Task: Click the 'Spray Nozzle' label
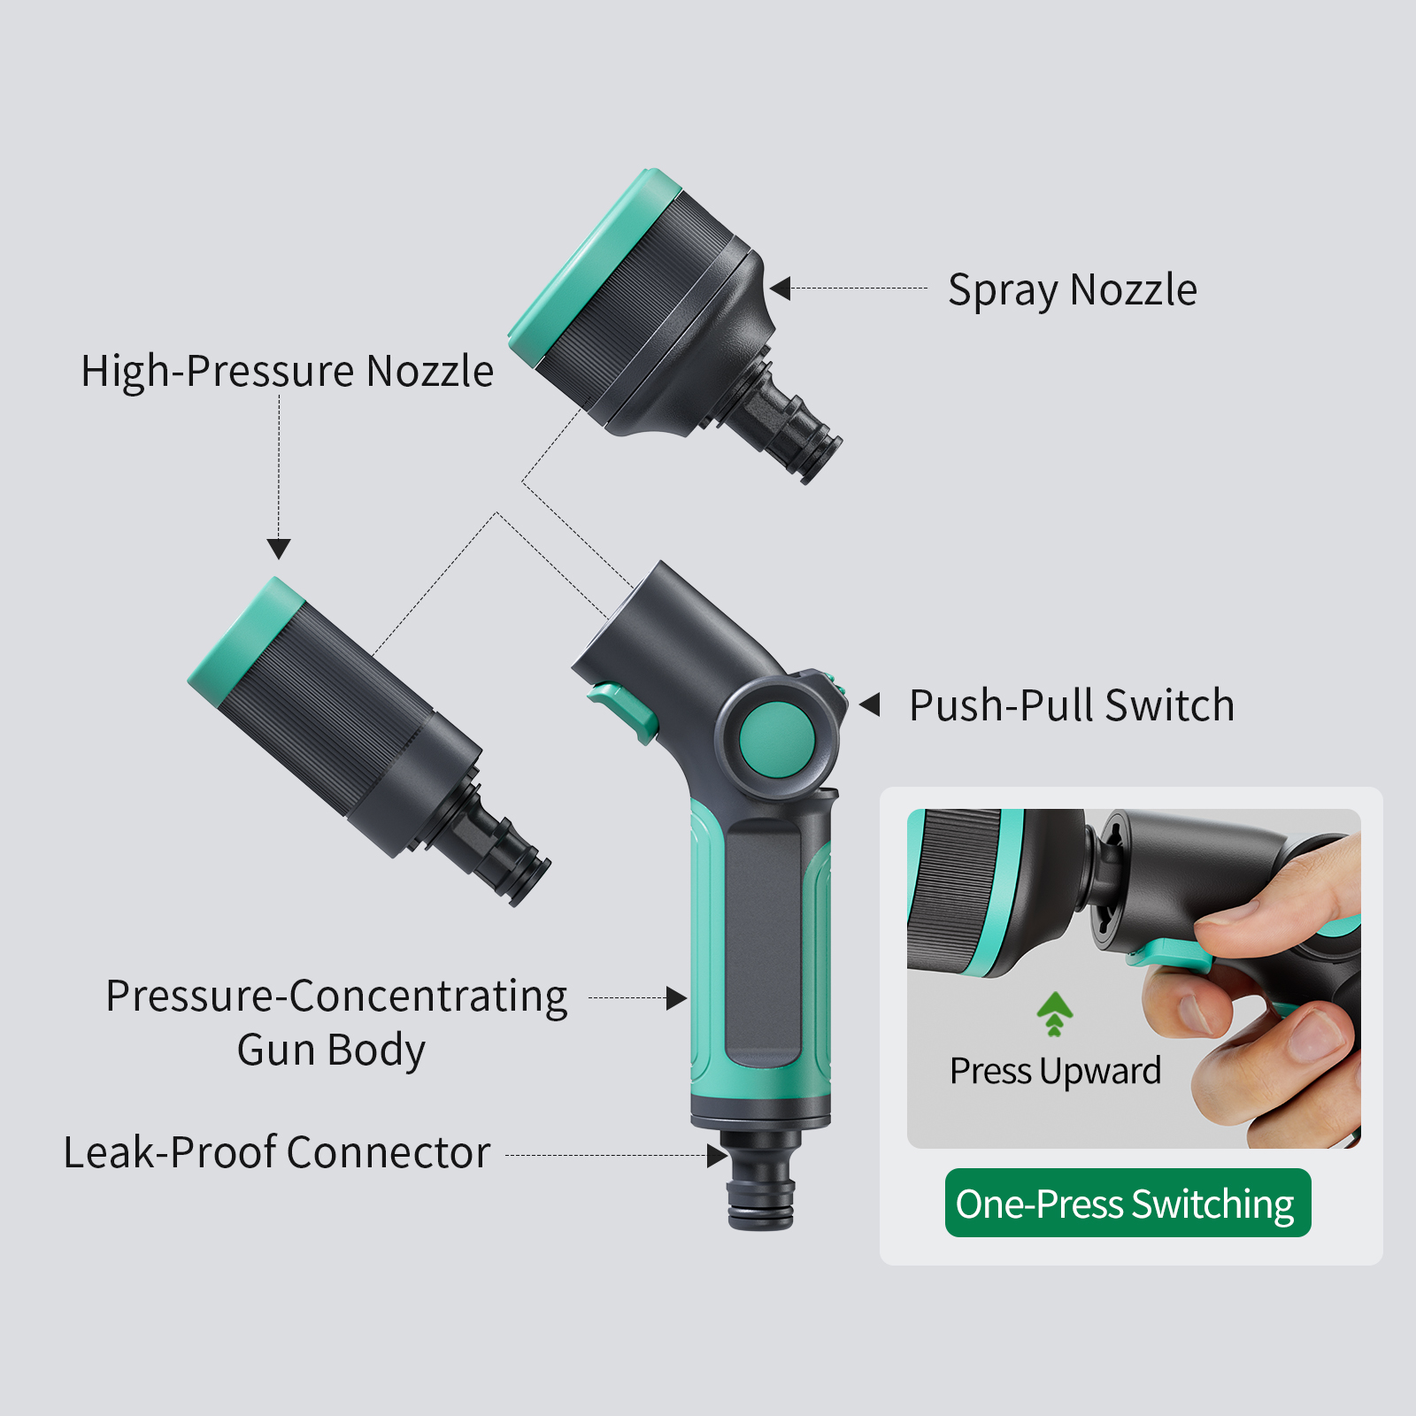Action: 1073,290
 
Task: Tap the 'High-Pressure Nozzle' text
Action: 287,371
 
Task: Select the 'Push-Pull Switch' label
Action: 1072,705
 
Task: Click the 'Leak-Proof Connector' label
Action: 277,1152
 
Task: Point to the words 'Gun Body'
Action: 331,1050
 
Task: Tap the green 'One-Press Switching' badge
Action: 1127,1203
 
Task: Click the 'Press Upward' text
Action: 1055,1072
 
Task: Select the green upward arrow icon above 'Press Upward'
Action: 1054,1014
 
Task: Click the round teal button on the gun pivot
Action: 776,740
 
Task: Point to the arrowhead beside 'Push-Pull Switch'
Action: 870,705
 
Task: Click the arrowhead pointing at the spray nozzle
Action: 780,289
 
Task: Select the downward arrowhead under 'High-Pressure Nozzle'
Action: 279,549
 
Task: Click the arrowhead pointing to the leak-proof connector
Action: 717,1155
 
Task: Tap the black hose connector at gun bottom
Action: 761,1178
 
